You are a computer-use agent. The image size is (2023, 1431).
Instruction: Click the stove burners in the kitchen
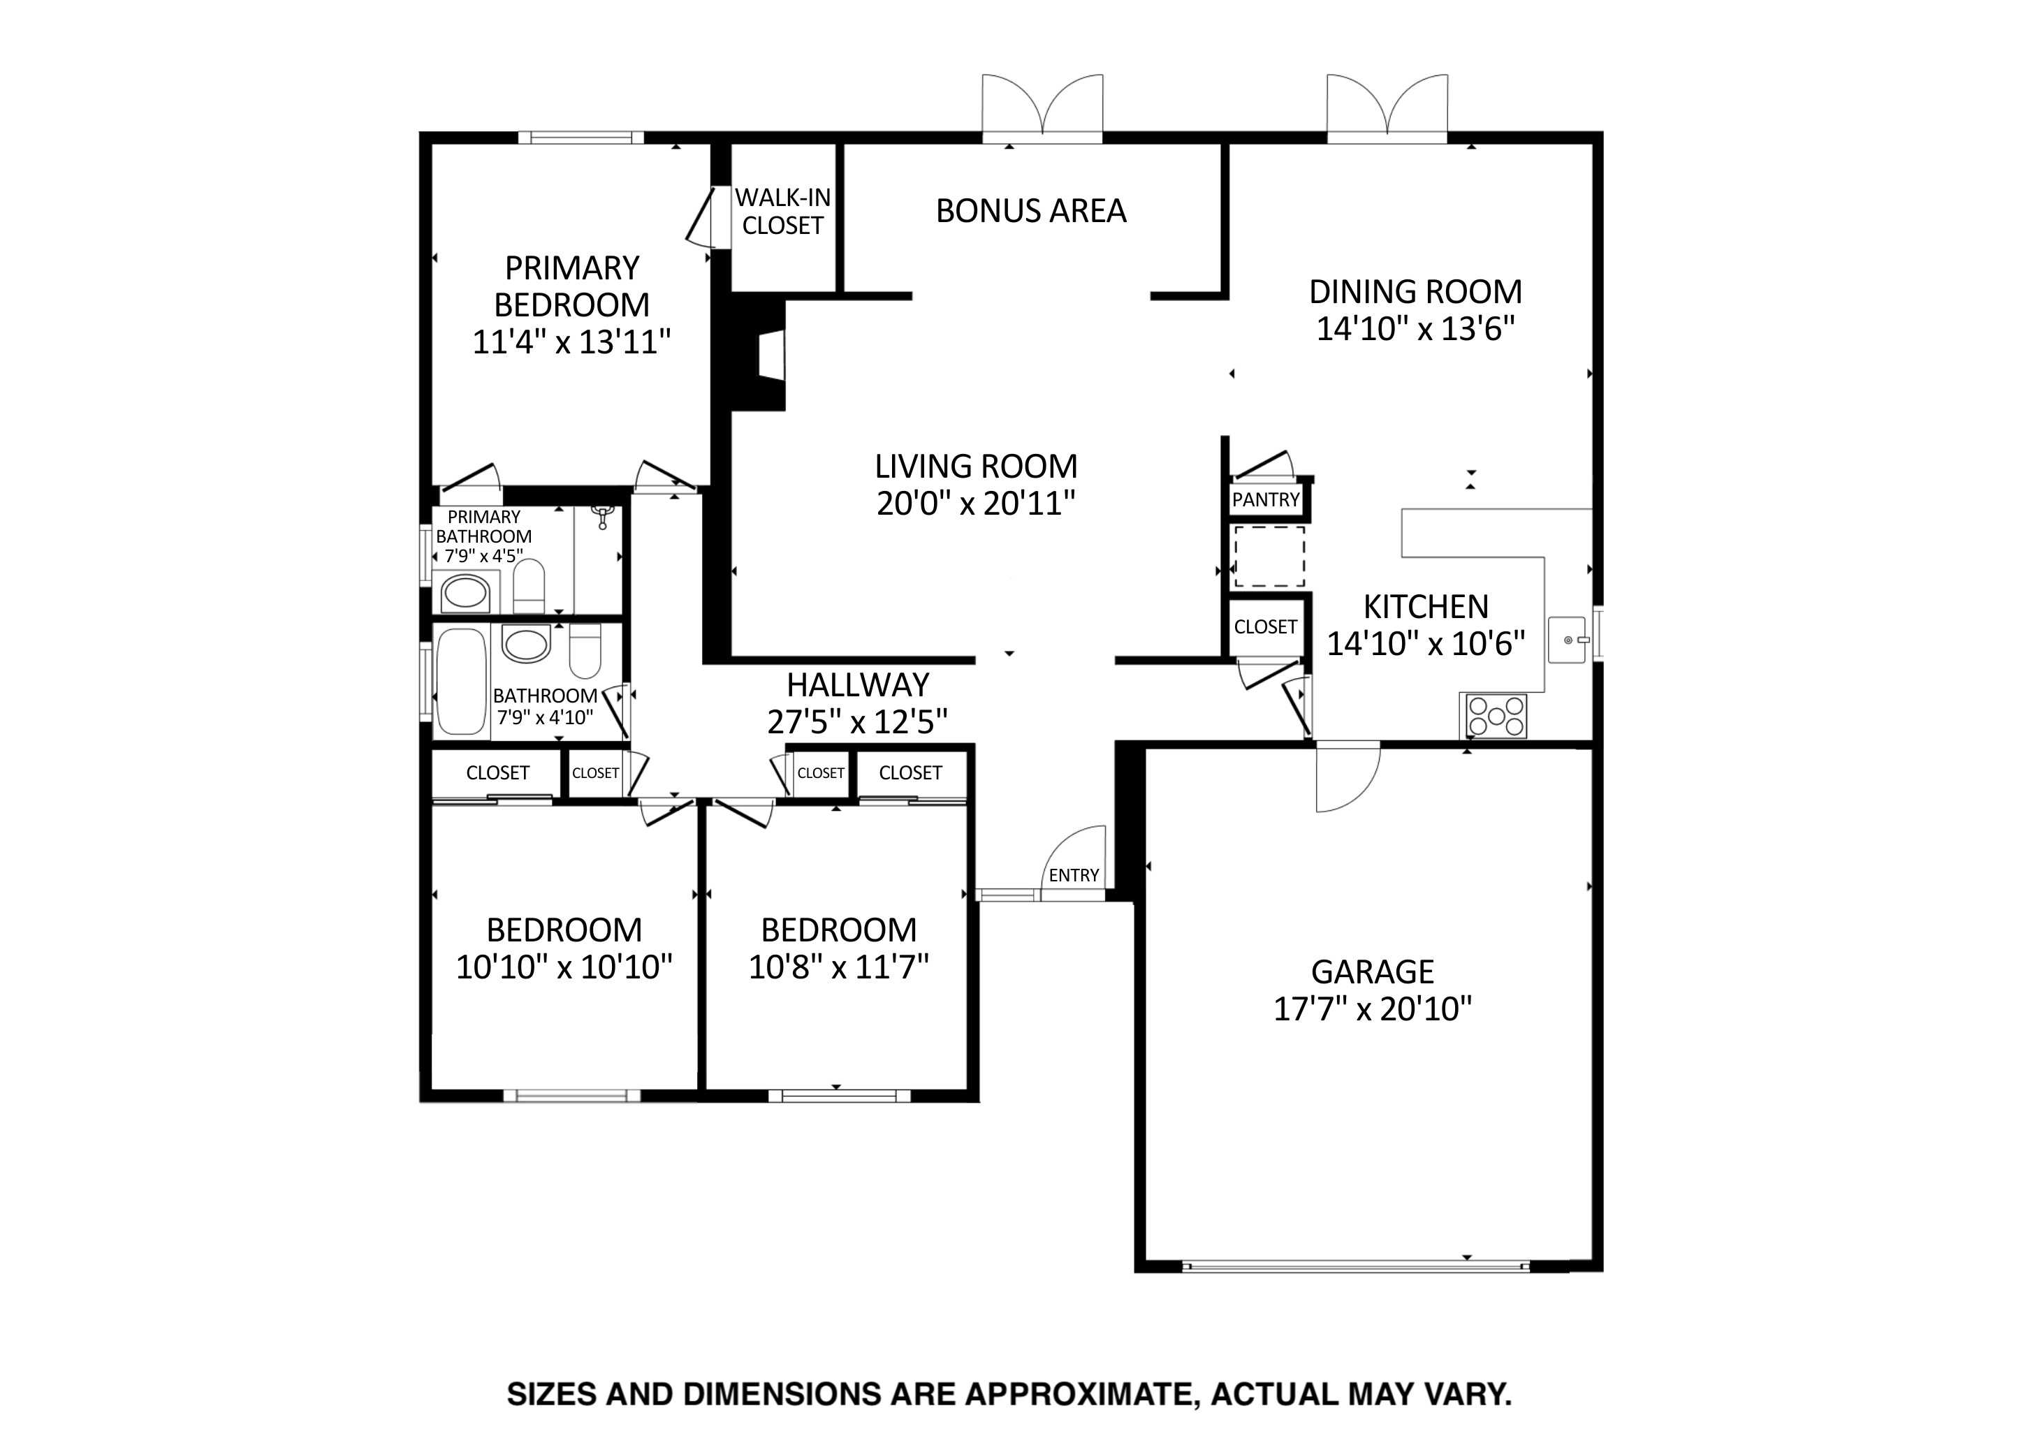[1495, 715]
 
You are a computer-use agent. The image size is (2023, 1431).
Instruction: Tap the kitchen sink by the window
[1569, 640]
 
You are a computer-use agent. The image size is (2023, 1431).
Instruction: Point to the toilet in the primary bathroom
[529, 586]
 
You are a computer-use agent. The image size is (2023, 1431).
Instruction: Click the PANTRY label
[1265, 499]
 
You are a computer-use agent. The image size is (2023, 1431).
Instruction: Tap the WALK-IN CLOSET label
[782, 212]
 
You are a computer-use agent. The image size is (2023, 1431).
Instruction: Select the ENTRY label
[1073, 875]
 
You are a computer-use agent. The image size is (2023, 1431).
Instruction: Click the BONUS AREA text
[1031, 211]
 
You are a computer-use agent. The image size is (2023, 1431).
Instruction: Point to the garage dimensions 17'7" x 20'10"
[1373, 1008]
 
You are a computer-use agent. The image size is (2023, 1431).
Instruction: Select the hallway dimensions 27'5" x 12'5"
[857, 721]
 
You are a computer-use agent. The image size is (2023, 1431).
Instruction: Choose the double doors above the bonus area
[1042, 108]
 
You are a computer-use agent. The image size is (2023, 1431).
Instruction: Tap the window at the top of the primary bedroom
[580, 138]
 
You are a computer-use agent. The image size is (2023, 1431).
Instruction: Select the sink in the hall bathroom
[526, 643]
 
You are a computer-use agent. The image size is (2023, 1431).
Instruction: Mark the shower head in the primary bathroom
[603, 516]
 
